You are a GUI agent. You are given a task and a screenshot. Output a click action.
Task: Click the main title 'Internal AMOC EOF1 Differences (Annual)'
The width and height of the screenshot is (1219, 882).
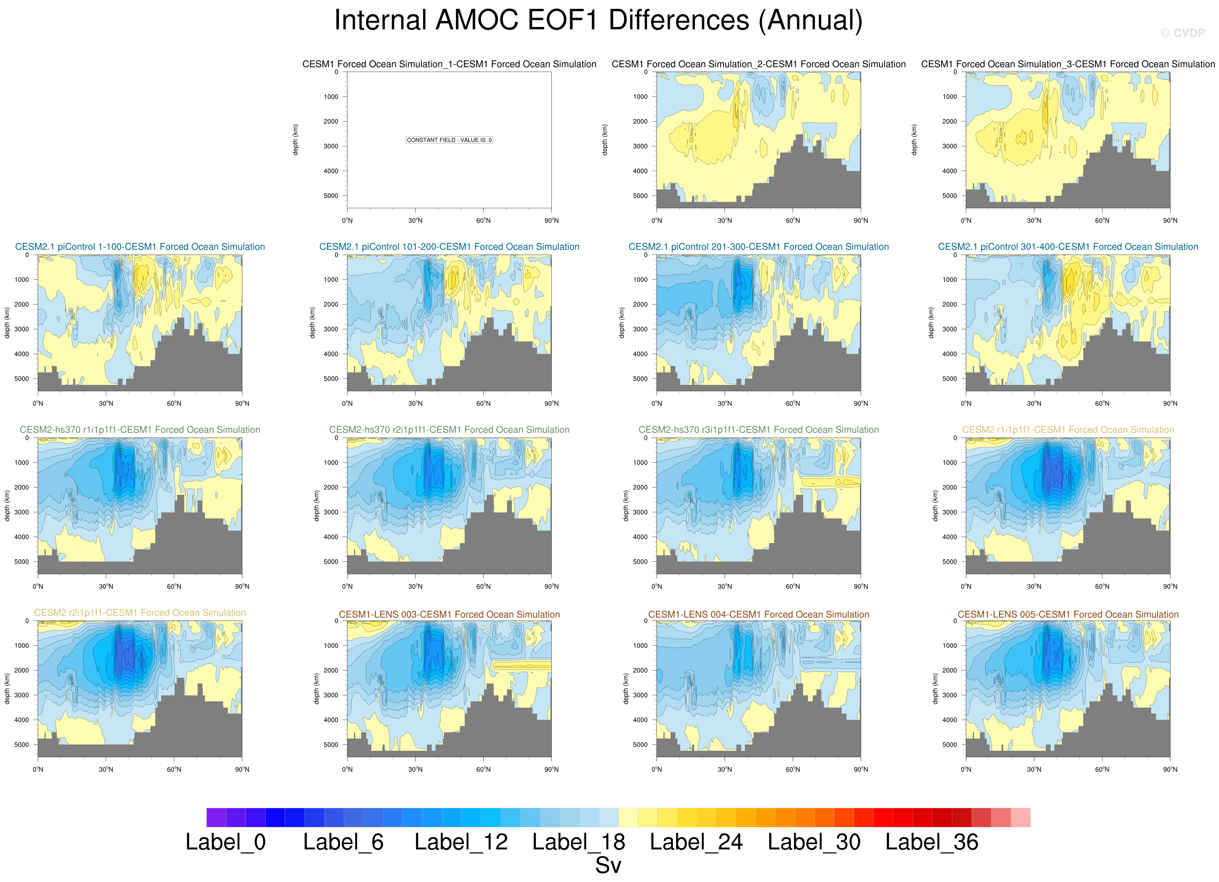click(598, 20)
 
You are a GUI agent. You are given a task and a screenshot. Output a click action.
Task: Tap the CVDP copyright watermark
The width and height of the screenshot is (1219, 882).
click(1182, 33)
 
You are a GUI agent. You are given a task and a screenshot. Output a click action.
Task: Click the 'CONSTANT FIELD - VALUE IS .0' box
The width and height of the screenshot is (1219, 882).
click(449, 140)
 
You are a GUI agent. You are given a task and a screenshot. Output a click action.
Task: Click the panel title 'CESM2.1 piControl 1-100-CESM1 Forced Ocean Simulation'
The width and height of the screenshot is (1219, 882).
click(140, 247)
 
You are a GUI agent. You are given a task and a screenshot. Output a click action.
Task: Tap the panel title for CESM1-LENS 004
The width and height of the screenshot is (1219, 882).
click(758, 614)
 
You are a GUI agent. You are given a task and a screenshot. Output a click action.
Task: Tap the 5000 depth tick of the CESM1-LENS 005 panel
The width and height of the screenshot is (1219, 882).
click(949, 745)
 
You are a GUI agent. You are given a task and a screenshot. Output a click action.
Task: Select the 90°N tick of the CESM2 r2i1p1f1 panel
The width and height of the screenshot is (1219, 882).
click(242, 770)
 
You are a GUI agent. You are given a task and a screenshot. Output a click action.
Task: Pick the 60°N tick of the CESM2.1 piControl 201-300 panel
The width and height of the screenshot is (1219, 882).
click(793, 403)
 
